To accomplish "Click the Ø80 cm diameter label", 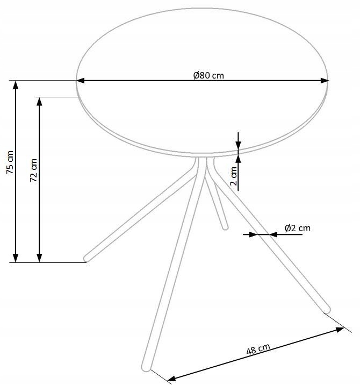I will pyautogui.click(x=208, y=75).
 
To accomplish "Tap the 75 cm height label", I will pyautogui.click(x=10, y=162).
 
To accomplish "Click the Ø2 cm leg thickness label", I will pyautogui.click(x=297, y=228).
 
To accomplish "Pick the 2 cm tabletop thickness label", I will pyautogui.click(x=233, y=175).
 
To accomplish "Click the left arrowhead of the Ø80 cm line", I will pyautogui.click(x=81, y=81).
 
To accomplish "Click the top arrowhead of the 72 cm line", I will pyautogui.click(x=39, y=102).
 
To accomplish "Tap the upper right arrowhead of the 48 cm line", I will pyautogui.click(x=339, y=330).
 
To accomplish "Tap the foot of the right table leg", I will pyautogui.click(x=327, y=309).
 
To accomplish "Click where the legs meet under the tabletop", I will pyautogui.click(x=204, y=161).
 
